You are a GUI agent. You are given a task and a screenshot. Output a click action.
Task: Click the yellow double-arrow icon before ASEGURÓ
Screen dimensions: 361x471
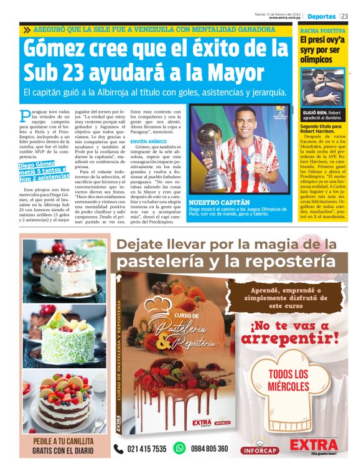pos(27,29)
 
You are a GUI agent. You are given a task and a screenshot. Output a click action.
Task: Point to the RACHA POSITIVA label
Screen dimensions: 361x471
pos(323,30)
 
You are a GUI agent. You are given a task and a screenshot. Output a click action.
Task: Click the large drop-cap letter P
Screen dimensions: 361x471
pos(24,115)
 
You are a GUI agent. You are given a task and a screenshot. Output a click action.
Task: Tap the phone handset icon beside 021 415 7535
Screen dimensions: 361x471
pos(118,449)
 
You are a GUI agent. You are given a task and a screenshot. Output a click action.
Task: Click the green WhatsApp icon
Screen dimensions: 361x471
pos(179,448)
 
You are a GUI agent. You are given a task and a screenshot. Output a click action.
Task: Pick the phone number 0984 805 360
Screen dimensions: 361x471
pos(209,449)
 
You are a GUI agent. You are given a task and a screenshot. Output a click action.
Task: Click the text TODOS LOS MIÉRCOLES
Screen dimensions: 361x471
pos(288,380)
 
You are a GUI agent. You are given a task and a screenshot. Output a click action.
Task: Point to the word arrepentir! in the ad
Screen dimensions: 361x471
pos(289,338)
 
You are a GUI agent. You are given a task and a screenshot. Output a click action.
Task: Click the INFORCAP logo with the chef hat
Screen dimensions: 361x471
pos(259,445)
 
